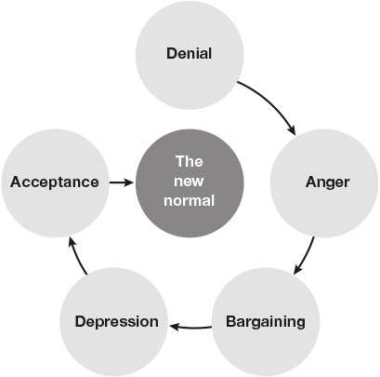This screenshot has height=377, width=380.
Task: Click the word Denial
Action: (x=190, y=53)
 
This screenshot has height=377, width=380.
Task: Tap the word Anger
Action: (x=328, y=182)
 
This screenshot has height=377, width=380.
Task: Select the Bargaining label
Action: (x=266, y=322)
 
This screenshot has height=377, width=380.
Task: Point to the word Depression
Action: (x=116, y=321)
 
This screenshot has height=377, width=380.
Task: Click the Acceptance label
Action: (x=55, y=182)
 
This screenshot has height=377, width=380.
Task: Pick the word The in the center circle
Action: (x=190, y=161)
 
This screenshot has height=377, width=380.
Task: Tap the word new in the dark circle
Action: (x=189, y=182)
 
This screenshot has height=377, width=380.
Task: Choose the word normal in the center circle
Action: (x=189, y=200)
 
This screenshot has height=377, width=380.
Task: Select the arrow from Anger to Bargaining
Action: (x=307, y=257)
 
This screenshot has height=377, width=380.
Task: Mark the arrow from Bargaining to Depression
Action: (x=190, y=327)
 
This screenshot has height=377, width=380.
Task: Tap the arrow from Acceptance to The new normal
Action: (x=121, y=182)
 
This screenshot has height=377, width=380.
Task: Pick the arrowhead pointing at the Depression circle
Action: (x=175, y=327)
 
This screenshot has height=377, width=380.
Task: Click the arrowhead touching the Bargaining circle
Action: (x=297, y=269)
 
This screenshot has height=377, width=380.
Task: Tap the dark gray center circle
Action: (x=190, y=183)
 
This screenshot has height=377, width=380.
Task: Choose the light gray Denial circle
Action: (x=190, y=55)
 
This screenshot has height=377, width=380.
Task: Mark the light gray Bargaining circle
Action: (x=266, y=322)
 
